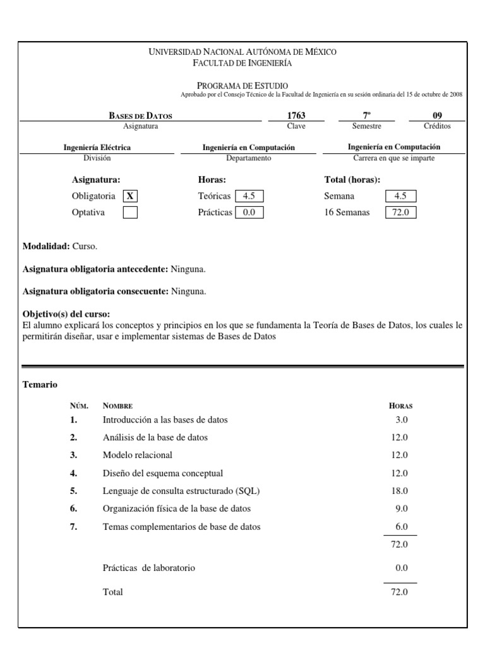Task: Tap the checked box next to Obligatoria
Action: [130, 196]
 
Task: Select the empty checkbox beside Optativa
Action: [130, 213]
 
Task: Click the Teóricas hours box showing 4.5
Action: [249, 196]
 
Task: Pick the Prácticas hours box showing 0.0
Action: [249, 213]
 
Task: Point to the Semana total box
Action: [401, 196]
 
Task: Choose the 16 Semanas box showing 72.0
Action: [401, 213]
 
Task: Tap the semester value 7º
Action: [366, 115]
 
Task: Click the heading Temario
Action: [40, 384]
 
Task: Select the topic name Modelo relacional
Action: [137, 455]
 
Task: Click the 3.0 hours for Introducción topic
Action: [402, 420]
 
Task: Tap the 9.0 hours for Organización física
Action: [402, 508]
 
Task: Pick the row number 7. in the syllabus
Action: [74, 527]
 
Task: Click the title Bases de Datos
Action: [141, 115]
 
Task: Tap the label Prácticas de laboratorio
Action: [148, 568]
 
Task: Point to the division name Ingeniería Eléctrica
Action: [97, 147]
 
